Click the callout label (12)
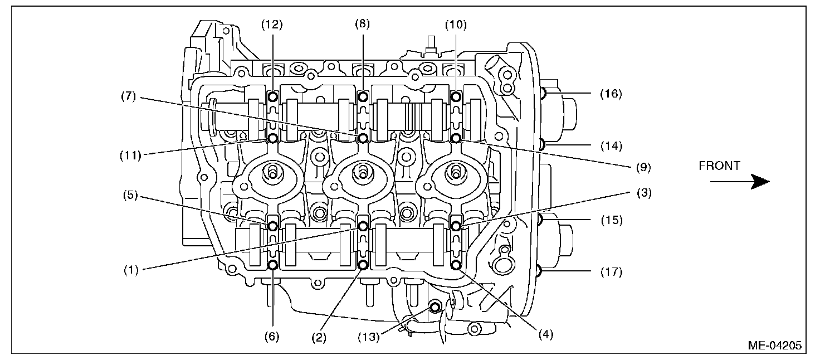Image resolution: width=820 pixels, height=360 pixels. tap(273, 25)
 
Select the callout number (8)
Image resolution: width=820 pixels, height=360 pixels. tap(363, 25)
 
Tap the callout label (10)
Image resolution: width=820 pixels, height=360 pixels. tap(456, 25)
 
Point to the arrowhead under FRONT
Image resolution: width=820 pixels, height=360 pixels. tap(760, 182)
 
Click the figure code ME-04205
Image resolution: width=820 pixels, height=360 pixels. tap(774, 346)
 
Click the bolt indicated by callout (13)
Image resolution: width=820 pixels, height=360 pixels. tap(435, 307)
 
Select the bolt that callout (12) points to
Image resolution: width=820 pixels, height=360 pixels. tap(273, 97)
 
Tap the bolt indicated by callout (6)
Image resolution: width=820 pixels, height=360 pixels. tap(273, 265)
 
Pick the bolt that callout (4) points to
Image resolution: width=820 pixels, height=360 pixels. tap(456, 265)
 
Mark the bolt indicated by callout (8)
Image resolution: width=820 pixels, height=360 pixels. tap(363, 97)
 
